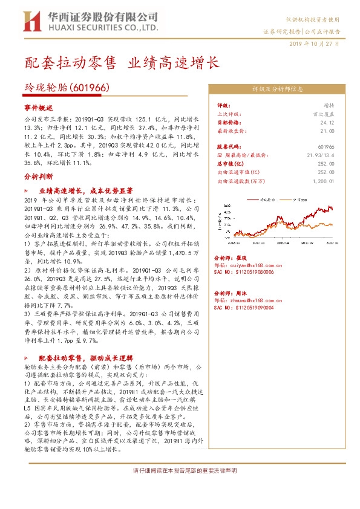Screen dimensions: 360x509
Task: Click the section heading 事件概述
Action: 39,106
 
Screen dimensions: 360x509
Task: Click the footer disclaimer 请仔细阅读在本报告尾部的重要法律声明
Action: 185,470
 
